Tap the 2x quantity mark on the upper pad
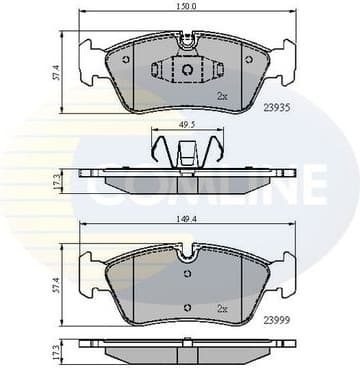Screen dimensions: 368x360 tap(222, 96)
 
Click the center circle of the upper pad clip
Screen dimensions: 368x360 tap(186, 68)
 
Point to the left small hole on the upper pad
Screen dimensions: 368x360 tap(125, 58)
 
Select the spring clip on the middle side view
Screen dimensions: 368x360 tap(186, 155)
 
